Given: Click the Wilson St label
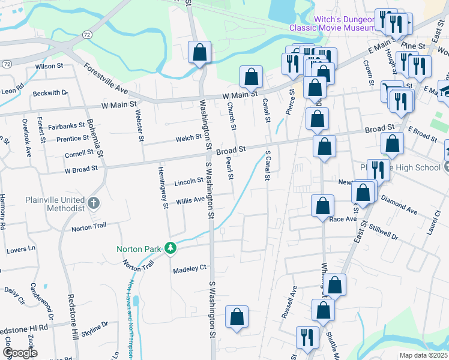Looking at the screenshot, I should [x=49, y=66].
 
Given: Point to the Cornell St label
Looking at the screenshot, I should [x=79, y=154].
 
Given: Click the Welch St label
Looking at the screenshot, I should [x=188, y=138].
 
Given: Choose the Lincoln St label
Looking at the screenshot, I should [x=189, y=182].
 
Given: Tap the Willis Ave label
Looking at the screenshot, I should [x=190, y=202].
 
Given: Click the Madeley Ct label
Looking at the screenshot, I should [x=190, y=268].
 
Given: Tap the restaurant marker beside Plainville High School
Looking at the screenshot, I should [x=378, y=169].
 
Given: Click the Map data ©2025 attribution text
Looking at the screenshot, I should [x=424, y=355].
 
